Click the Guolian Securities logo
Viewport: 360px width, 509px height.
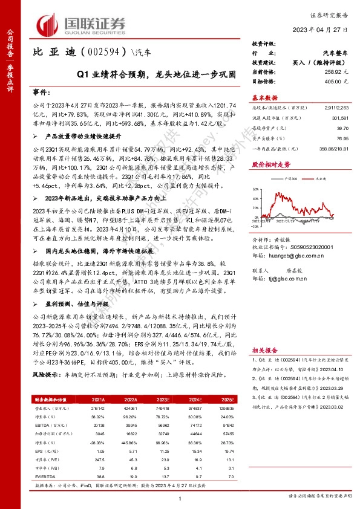[82, 25]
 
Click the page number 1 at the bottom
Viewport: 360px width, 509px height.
[180, 497]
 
